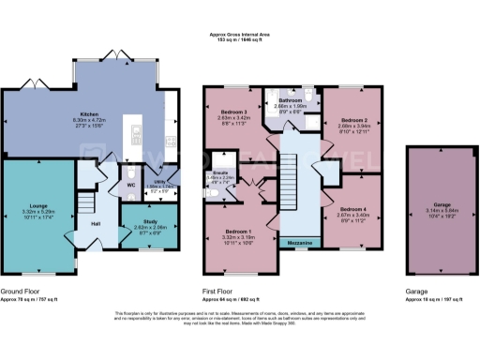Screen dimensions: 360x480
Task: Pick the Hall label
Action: [x=96, y=223]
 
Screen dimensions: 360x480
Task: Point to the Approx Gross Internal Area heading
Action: [x=241, y=35]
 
